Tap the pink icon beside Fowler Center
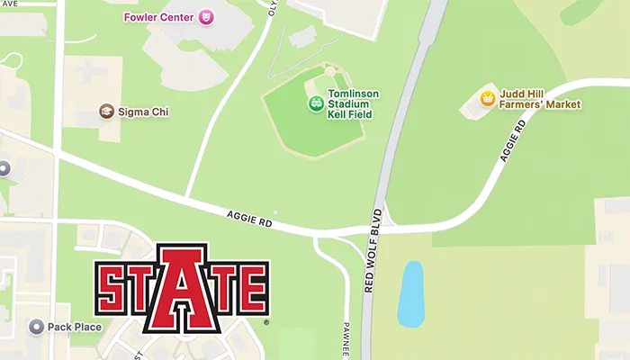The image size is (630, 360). tap(206, 17)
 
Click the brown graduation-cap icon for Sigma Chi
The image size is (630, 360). tap(106, 112)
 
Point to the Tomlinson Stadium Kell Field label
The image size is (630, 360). tap(354, 104)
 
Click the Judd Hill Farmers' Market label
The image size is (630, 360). tap(541, 99)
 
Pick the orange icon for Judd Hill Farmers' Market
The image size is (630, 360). tap(487, 98)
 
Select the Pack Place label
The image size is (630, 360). tap(75, 327)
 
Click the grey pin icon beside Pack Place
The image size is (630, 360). tap(37, 327)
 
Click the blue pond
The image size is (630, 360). tap(410, 293)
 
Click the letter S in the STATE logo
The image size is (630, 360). tap(113, 287)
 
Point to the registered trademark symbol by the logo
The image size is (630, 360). tap(266, 321)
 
